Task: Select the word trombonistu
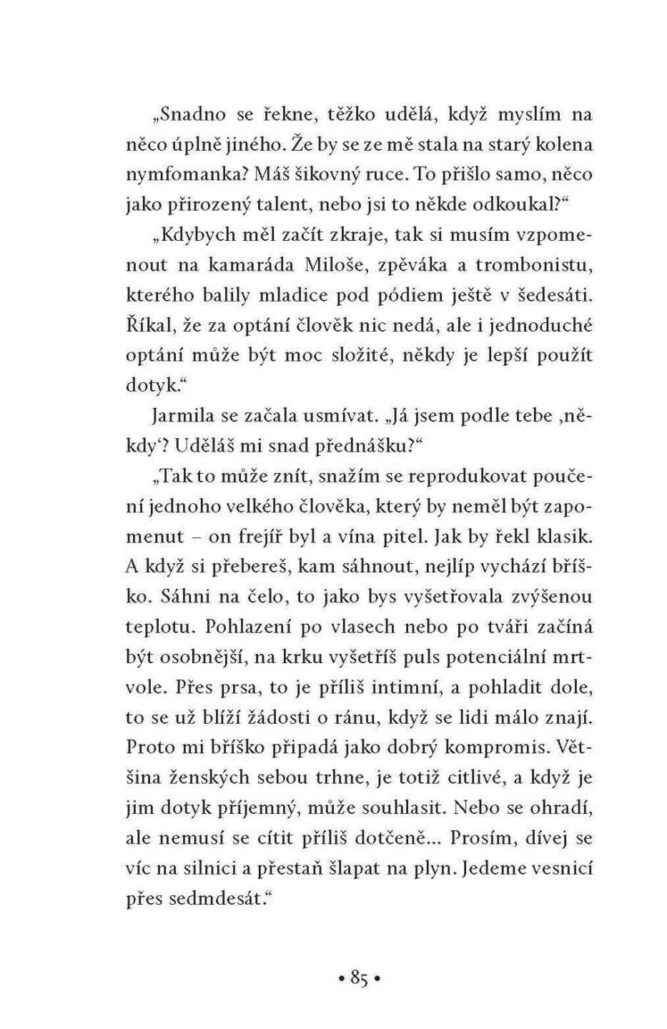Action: [534, 265]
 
